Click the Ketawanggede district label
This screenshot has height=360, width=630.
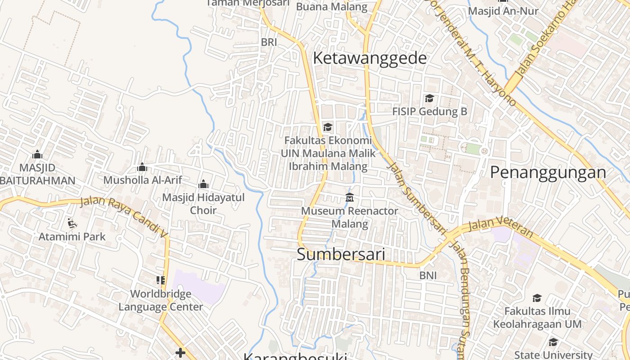[369, 58]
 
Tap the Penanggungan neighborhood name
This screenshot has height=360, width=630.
[548, 172]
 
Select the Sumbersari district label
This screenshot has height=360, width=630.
[341, 254]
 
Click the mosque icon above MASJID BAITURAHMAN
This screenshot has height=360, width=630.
[37, 155]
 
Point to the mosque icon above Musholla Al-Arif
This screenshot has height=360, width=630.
[142, 167]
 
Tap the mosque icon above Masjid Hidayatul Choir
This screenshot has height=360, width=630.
[203, 184]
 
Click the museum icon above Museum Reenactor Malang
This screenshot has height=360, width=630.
[350, 197]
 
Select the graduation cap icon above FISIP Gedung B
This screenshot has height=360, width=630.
[429, 98]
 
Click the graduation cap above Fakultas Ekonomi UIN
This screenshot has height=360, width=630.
[328, 127]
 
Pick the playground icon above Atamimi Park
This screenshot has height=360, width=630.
[72, 223]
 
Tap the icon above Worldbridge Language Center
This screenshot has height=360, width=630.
[161, 280]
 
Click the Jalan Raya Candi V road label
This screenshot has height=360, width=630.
[124, 216]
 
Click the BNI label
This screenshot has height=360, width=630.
[428, 275]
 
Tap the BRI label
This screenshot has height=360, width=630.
[269, 42]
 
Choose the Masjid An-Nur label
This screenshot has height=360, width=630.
[503, 11]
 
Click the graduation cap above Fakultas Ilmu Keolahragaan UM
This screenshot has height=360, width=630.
[537, 298]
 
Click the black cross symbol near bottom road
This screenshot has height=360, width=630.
[180, 353]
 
